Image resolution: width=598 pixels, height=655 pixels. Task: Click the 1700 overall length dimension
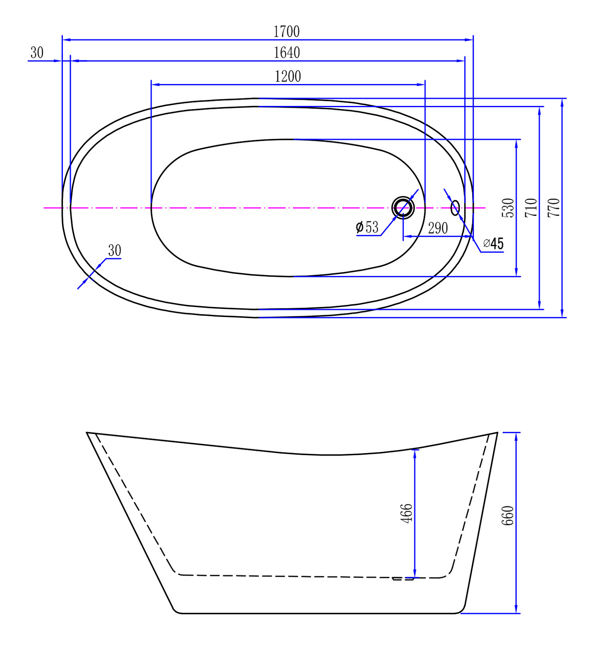[286, 31]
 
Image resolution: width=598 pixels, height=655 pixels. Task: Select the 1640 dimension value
[287, 53]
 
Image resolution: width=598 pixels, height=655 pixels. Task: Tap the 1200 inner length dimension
[288, 76]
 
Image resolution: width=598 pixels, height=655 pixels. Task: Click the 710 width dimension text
[531, 208]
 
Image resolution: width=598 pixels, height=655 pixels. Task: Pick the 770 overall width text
[554, 208]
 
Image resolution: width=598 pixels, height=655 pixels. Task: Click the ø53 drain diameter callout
[367, 227]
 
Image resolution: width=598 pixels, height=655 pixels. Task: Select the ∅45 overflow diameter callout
[493, 243]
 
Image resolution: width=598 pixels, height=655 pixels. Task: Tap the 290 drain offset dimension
[438, 228]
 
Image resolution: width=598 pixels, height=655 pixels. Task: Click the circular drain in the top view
[403, 208]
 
